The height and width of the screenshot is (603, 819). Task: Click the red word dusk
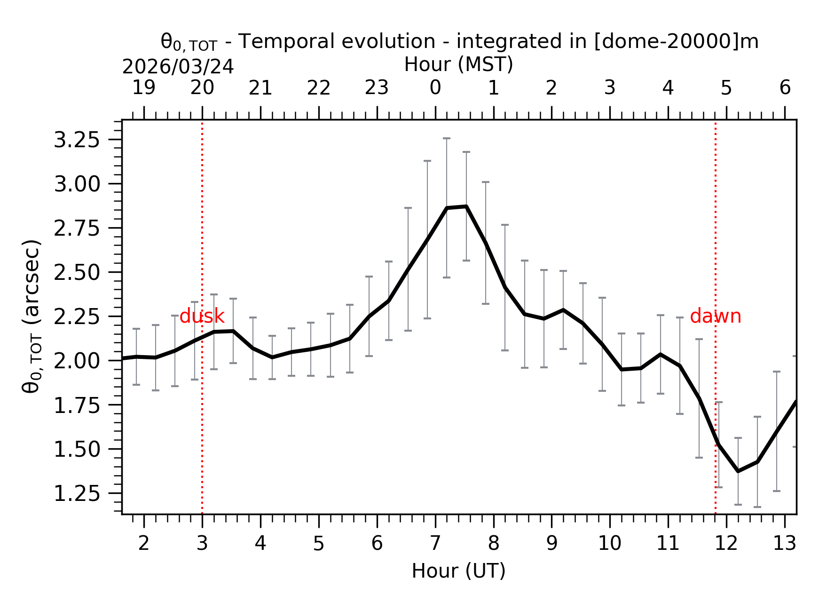[x=202, y=317]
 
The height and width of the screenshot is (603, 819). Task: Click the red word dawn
[x=715, y=317]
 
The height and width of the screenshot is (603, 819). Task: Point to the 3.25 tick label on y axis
[x=77, y=140]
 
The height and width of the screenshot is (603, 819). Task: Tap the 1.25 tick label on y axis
[x=77, y=493]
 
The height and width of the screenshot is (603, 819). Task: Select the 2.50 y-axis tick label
[x=77, y=272]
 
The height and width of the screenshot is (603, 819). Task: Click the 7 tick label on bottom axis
[x=435, y=544]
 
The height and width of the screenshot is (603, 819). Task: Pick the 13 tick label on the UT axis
[x=784, y=544]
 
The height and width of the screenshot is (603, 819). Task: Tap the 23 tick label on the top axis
[x=377, y=88]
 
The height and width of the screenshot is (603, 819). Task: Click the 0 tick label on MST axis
[x=435, y=88]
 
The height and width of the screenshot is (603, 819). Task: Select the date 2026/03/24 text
[x=178, y=67]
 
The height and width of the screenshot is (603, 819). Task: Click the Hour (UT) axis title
[x=458, y=571]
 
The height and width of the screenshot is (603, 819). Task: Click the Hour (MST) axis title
[x=458, y=64]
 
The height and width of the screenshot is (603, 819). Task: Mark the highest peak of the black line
[x=466, y=206]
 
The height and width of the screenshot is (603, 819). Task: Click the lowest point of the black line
[x=738, y=471]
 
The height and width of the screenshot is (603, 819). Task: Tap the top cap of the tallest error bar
[x=447, y=138]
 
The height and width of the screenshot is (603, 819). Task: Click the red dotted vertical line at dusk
[x=202, y=423]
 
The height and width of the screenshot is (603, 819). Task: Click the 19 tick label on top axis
[x=143, y=88]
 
